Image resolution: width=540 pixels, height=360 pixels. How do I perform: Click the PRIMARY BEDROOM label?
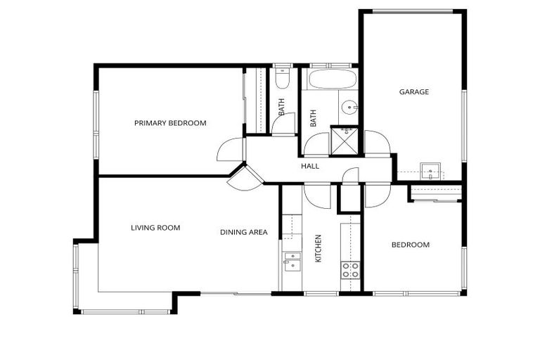tap(170, 123)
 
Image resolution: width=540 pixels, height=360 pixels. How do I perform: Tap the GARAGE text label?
tap(414, 91)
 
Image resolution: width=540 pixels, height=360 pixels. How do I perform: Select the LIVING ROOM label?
tap(155, 228)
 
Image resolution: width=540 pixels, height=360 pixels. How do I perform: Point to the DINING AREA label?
tap(243, 232)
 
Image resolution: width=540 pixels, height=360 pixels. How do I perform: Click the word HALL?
tap(310, 167)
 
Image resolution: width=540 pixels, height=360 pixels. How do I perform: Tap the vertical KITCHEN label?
tap(318, 248)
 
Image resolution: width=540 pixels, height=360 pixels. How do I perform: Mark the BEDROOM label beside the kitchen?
tap(410, 245)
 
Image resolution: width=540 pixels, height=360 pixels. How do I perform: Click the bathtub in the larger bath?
tap(333, 79)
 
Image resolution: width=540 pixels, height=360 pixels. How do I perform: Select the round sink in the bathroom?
tap(349, 108)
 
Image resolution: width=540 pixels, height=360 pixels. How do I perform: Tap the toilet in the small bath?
tap(282, 78)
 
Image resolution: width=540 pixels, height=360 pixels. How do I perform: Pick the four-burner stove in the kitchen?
tap(350, 270)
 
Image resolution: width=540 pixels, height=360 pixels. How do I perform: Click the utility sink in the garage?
tap(430, 171)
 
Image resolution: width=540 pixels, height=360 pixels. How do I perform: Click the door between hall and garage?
tap(378, 143)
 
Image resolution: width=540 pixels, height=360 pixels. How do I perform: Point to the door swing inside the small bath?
tap(284, 124)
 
